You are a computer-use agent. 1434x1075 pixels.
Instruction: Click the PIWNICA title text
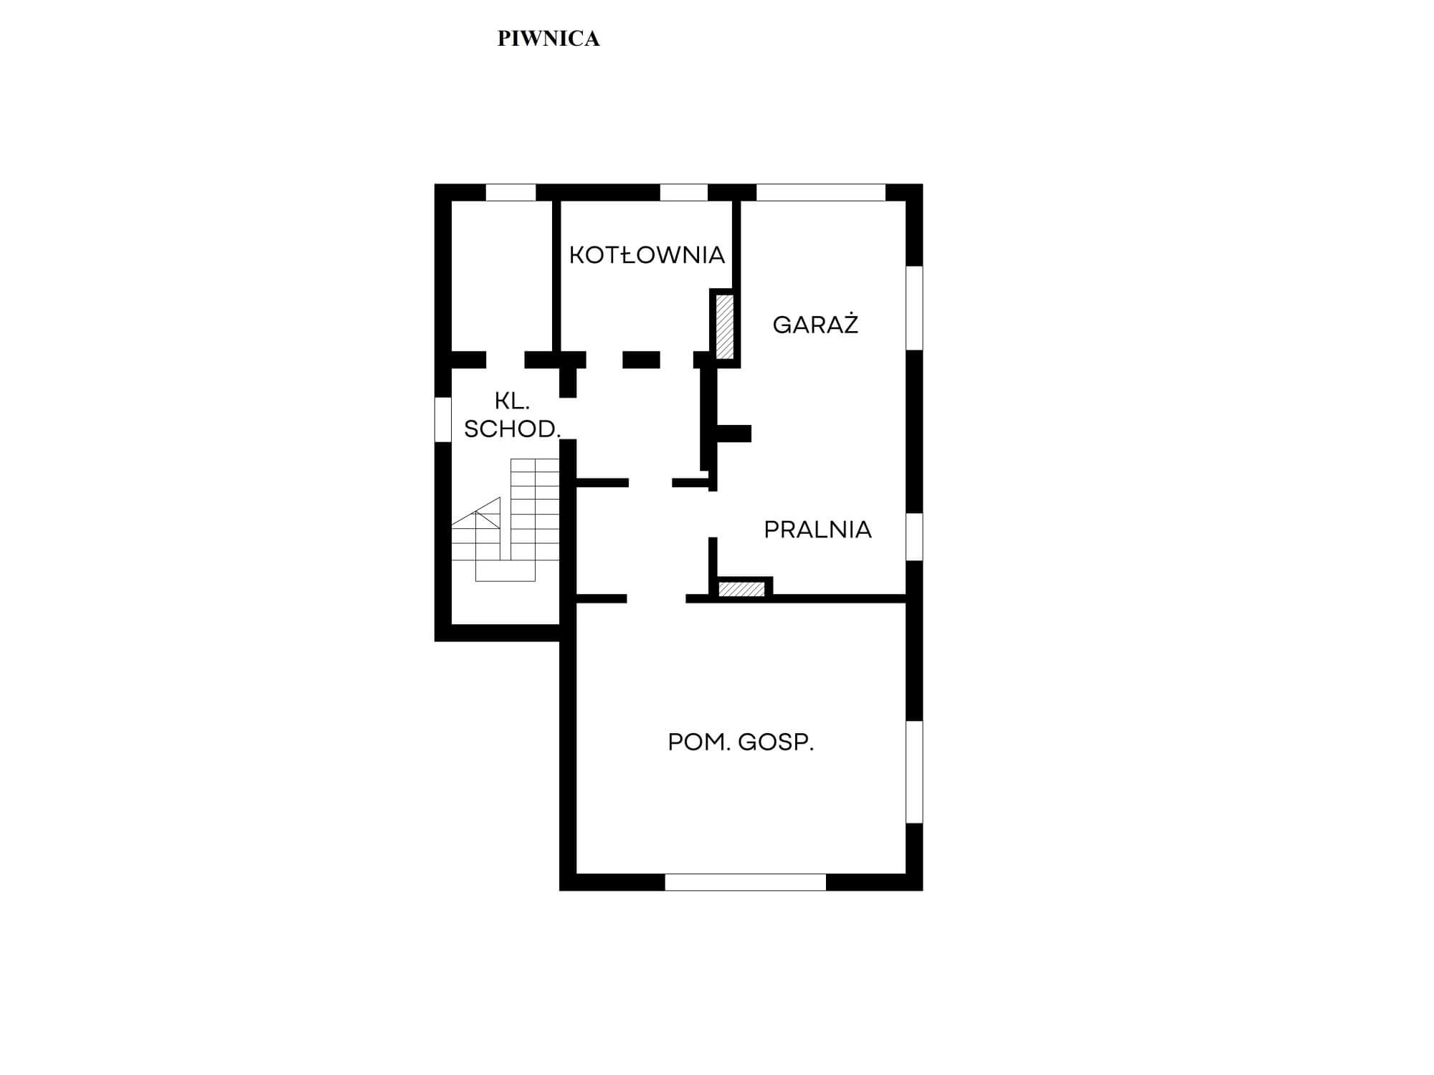point(549,39)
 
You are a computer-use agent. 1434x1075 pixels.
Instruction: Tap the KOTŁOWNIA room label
point(647,254)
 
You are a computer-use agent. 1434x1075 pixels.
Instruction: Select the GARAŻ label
point(815,324)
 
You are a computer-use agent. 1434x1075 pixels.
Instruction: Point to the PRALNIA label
point(817,530)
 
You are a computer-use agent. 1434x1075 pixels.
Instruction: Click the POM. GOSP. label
point(741,742)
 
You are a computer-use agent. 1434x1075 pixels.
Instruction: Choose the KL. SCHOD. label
point(512,415)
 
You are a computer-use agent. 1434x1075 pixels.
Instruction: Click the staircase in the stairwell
point(505,520)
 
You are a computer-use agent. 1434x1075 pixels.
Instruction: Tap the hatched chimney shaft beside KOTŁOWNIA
point(725,327)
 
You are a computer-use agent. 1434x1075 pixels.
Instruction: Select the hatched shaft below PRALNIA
point(742,589)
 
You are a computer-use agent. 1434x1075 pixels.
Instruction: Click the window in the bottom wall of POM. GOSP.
point(746,882)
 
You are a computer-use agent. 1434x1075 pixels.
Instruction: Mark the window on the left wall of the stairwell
point(443,419)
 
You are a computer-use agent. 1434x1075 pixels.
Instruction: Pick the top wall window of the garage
point(821,192)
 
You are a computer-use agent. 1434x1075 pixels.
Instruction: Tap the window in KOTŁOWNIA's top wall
point(684,192)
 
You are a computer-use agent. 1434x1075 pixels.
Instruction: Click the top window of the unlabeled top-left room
point(511,192)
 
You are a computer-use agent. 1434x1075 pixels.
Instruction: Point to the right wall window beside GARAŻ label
point(914,308)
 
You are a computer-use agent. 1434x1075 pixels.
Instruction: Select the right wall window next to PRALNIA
point(914,537)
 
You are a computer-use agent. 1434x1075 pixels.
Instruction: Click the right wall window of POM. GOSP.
point(914,772)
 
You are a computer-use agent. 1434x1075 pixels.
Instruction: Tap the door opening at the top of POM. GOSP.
point(656,598)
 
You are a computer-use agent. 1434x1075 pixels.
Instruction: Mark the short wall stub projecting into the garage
point(733,433)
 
